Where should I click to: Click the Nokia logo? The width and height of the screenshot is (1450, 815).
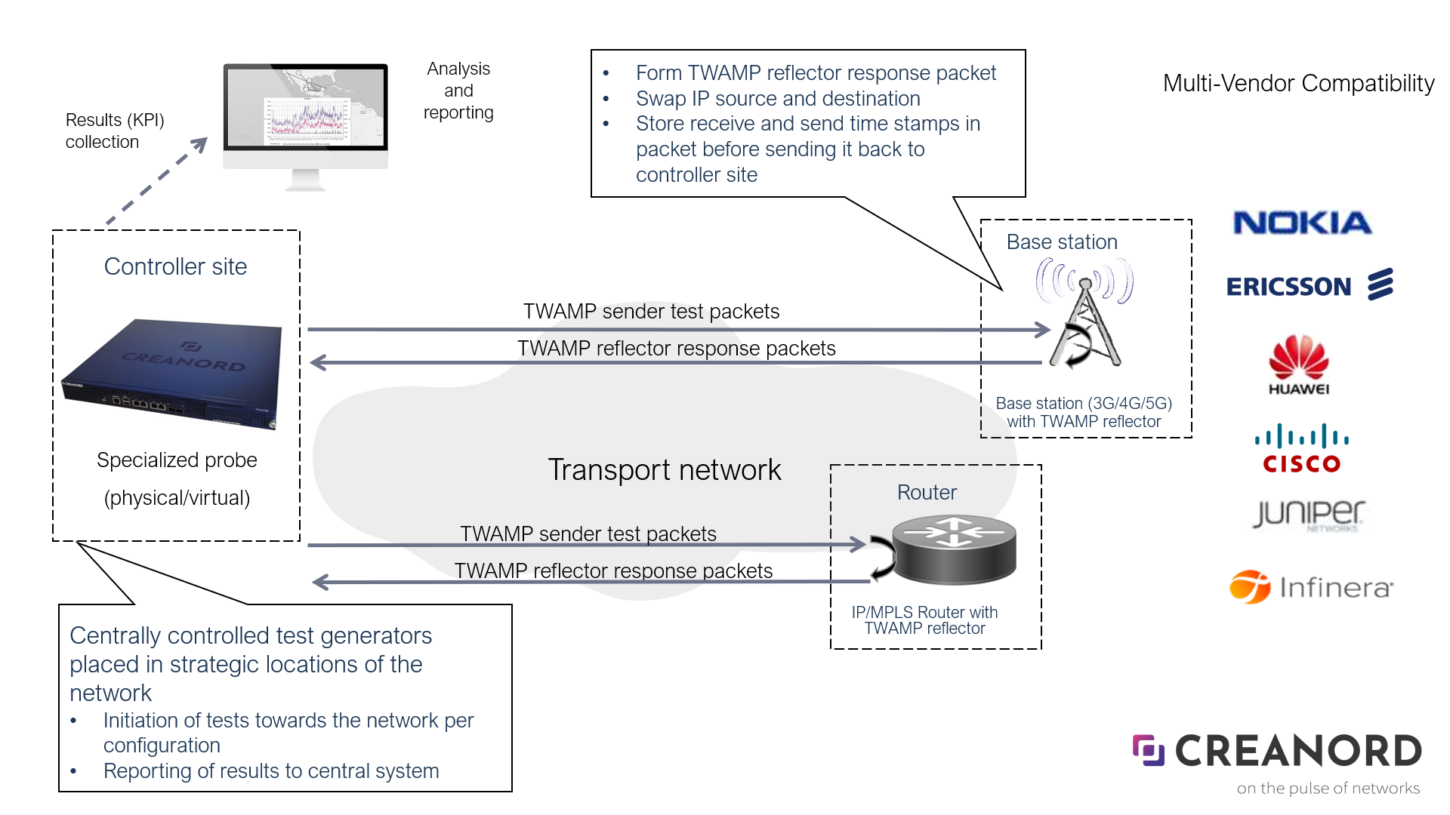pyautogui.click(x=1302, y=223)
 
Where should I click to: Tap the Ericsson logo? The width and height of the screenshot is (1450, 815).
pyautogui.click(x=1309, y=286)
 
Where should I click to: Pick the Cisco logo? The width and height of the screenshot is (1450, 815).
pyautogui.click(x=1301, y=449)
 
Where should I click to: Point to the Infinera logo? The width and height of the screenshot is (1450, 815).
pyautogui.click(x=1311, y=587)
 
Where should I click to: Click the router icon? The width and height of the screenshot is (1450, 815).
pyautogui.click(x=954, y=550)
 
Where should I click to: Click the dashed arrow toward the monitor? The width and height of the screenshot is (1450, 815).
pyautogui.click(x=158, y=181)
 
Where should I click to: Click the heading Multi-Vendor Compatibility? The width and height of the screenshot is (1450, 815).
pyautogui.click(x=1298, y=83)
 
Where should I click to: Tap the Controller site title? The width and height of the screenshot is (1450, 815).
pyautogui.click(x=175, y=266)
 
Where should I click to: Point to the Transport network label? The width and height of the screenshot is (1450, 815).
pyautogui.click(x=664, y=469)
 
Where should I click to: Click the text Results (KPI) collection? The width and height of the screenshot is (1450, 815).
pyautogui.click(x=114, y=131)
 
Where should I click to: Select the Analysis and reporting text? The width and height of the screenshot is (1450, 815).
pyautogui.click(x=458, y=91)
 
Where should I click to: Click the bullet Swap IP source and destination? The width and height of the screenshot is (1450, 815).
pyautogui.click(x=778, y=99)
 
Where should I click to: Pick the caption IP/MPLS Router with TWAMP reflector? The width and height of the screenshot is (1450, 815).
pyautogui.click(x=924, y=620)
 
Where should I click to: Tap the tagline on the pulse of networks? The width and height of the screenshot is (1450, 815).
pyautogui.click(x=1328, y=788)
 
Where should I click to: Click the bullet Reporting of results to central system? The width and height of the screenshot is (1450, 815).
pyautogui.click(x=270, y=770)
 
